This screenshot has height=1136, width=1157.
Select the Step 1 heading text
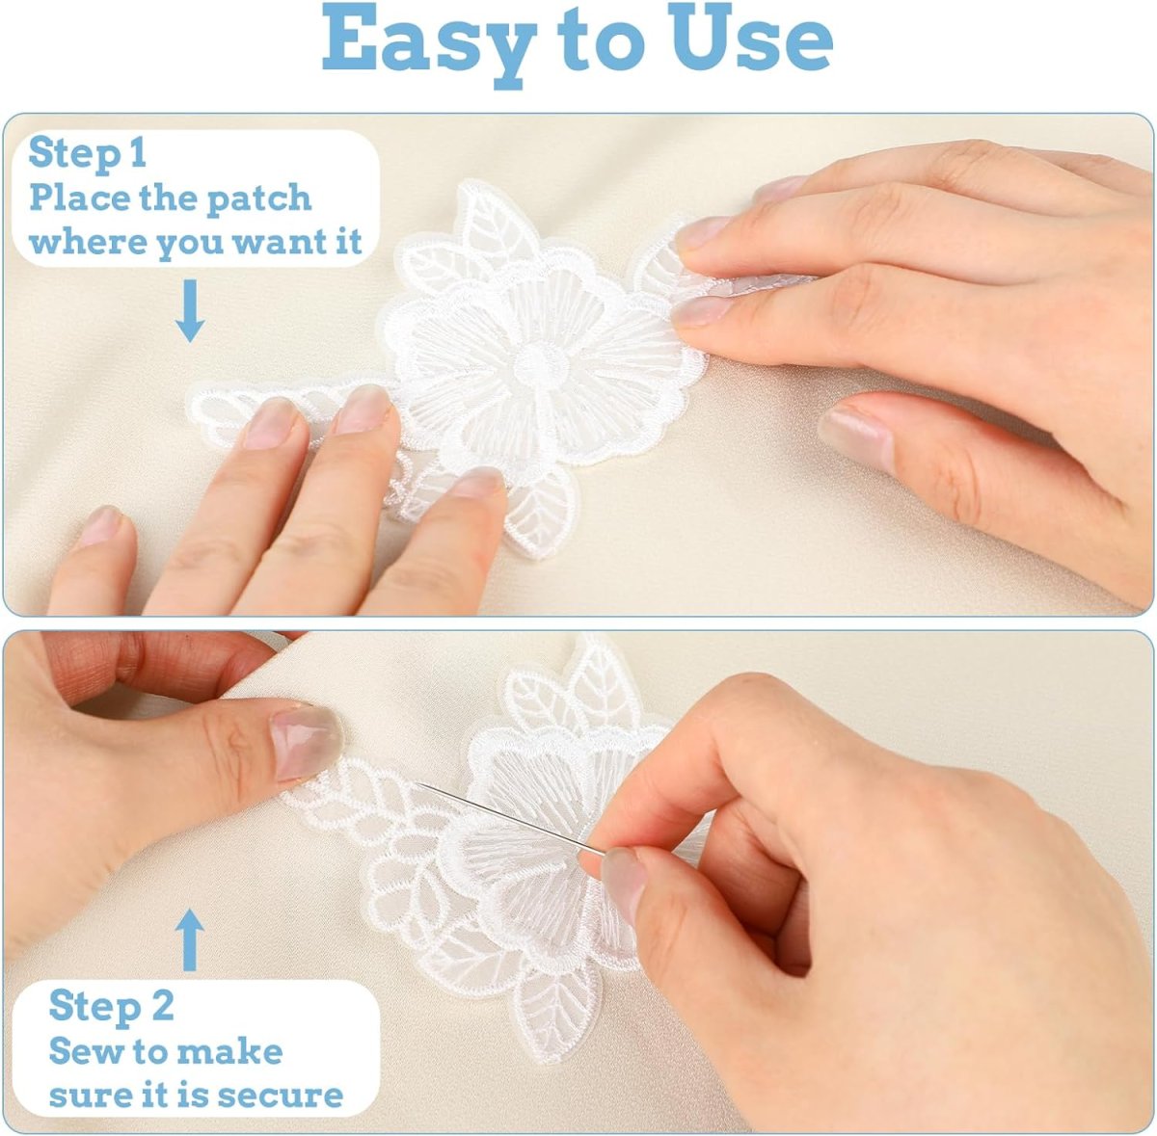click(x=87, y=154)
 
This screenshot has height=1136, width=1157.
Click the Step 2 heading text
click(x=111, y=1006)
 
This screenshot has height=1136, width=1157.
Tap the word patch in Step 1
click(x=258, y=199)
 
